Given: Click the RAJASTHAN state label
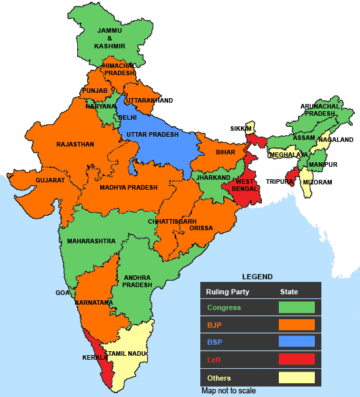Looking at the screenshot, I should (x=75, y=144).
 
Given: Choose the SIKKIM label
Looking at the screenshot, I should (x=240, y=129).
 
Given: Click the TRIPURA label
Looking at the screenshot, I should (x=278, y=182).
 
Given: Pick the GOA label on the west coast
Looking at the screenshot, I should (x=62, y=293).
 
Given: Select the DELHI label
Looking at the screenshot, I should (x=127, y=118).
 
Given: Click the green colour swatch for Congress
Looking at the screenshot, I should (x=297, y=307).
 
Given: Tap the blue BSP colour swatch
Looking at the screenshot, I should (x=297, y=341).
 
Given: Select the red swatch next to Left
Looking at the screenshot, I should (x=297, y=359).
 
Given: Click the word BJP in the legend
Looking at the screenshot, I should (x=213, y=324).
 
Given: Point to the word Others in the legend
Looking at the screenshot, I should (x=219, y=378).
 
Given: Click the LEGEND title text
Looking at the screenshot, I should (x=257, y=277).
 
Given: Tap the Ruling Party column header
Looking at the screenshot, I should (x=227, y=291).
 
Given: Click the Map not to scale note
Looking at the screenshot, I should (x=228, y=390).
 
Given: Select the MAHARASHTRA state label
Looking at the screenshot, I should (x=91, y=241).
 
